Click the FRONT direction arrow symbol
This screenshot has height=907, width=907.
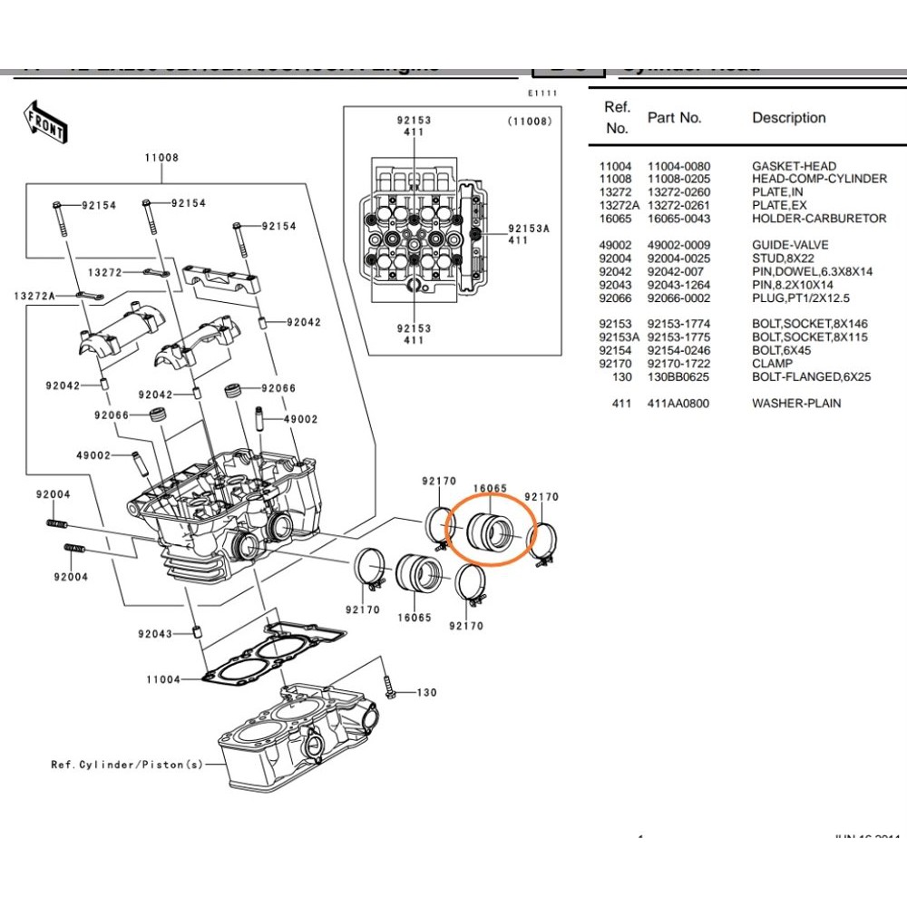pos(44,122)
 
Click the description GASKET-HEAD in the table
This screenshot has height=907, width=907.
pos(794,166)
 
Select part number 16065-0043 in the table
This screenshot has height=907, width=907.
pos(678,219)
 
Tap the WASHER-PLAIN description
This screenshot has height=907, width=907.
pos(795,403)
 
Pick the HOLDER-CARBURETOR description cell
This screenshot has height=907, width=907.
pos(819,219)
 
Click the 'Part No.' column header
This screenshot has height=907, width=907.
pos(674,118)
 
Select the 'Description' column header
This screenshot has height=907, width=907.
pos(788,118)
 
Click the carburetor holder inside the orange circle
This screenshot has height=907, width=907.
pos(491,532)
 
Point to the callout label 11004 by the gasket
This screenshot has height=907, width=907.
pos(163,679)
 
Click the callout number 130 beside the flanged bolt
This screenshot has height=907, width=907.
pos(426,693)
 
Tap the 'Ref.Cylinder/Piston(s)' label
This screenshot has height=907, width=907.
pos(127,765)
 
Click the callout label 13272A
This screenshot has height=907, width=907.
pos(34,297)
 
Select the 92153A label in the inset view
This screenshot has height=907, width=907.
pos(529,229)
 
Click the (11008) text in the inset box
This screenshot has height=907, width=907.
pos(529,121)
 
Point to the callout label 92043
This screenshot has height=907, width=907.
pos(155,634)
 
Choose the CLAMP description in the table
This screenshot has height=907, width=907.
pos(771,364)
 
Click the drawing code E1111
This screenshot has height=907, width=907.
pos(542,93)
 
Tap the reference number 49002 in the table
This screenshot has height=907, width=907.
pos(615,245)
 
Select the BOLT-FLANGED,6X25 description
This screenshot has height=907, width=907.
pos(811,376)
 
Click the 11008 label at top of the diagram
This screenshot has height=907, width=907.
pos(161,158)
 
